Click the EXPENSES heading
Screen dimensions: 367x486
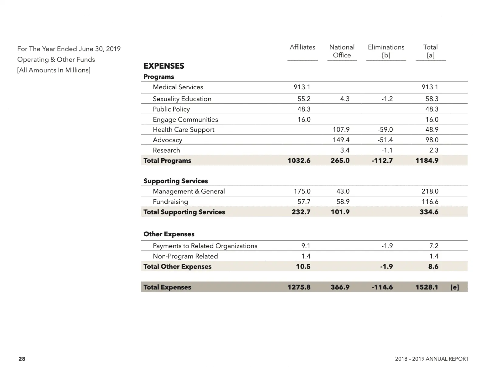click(164, 66)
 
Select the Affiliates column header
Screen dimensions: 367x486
click(302, 47)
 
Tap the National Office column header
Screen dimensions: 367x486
click(342, 51)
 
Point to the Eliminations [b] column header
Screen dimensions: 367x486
click(386, 51)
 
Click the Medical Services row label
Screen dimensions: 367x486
click(178, 87)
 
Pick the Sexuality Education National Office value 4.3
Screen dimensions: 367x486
click(345, 99)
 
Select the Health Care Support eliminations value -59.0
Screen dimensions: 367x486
click(385, 130)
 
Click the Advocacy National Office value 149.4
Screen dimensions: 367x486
click(341, 140)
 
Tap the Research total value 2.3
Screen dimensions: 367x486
click(434, 150)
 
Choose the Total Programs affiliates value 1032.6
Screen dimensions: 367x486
click(299, 161)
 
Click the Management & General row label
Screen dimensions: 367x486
click(189, 191)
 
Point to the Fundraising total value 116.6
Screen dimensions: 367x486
click(430, 202)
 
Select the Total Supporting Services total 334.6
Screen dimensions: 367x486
click(429, 212)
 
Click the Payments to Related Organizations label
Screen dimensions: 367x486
click(205, 246)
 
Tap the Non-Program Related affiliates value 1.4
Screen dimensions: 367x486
click(306, 256)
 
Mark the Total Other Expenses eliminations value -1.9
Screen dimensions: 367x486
click(386, 267)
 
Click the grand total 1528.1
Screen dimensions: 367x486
click(427, 287)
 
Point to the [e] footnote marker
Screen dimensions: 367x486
click(454, 287)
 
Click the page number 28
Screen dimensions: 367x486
click(22, 359)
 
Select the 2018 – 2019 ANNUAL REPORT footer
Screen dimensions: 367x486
click(432, 359)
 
